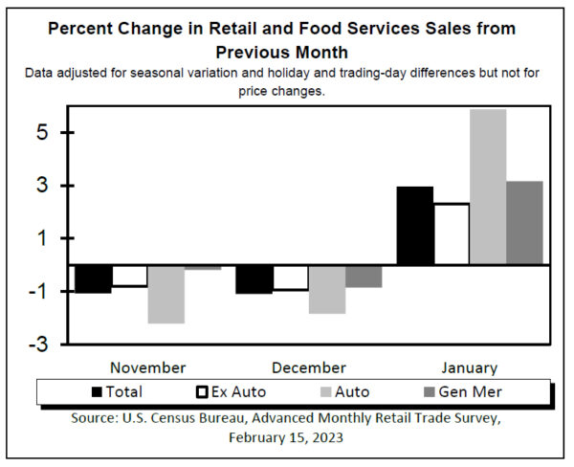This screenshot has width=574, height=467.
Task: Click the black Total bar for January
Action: [414, 226]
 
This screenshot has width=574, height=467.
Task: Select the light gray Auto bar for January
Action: [488, 187]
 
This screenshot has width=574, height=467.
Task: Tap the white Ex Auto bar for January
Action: [451, 233]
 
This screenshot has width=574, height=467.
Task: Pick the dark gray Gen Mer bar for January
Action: [524, 222]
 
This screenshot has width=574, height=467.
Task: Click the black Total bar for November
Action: [93, 278]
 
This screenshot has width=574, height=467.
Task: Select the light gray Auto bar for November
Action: [166, 294]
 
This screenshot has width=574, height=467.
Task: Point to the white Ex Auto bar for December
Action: [290, 278]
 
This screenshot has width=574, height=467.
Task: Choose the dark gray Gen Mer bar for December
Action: [364, 276]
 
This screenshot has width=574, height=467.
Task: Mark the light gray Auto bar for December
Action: [327, 289]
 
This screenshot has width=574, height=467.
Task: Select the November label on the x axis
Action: [147, 367]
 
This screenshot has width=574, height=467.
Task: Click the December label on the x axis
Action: [308, 367]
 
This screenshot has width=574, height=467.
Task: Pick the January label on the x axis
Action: [469, 367]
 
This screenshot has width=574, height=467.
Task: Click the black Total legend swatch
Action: [98, 391]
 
